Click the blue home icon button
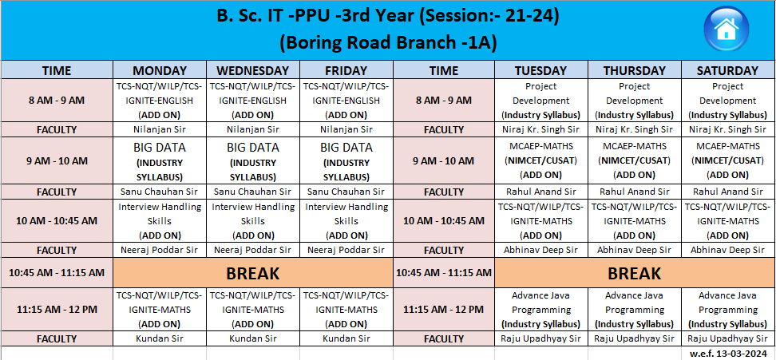(726, 28)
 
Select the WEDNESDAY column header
(253, 70)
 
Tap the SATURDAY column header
(727, 70)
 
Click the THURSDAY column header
(635, 70)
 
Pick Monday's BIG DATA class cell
(160, 161)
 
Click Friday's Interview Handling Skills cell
(346, 220)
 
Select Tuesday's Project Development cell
(541, 101)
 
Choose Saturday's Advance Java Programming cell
(727, 310)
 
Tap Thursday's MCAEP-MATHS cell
(635, 161)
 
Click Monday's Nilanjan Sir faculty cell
(160, 129)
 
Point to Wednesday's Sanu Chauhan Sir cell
(253, 192)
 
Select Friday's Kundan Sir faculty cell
(346, 338)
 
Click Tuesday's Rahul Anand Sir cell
(541, 192)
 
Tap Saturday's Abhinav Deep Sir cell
(727, 250)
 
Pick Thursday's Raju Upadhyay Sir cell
(635, 338)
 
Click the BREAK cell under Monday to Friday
(253, 273)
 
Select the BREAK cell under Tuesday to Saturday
(635, 273)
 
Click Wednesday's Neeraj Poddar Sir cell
(253, 250)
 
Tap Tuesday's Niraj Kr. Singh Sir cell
(541, 129)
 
